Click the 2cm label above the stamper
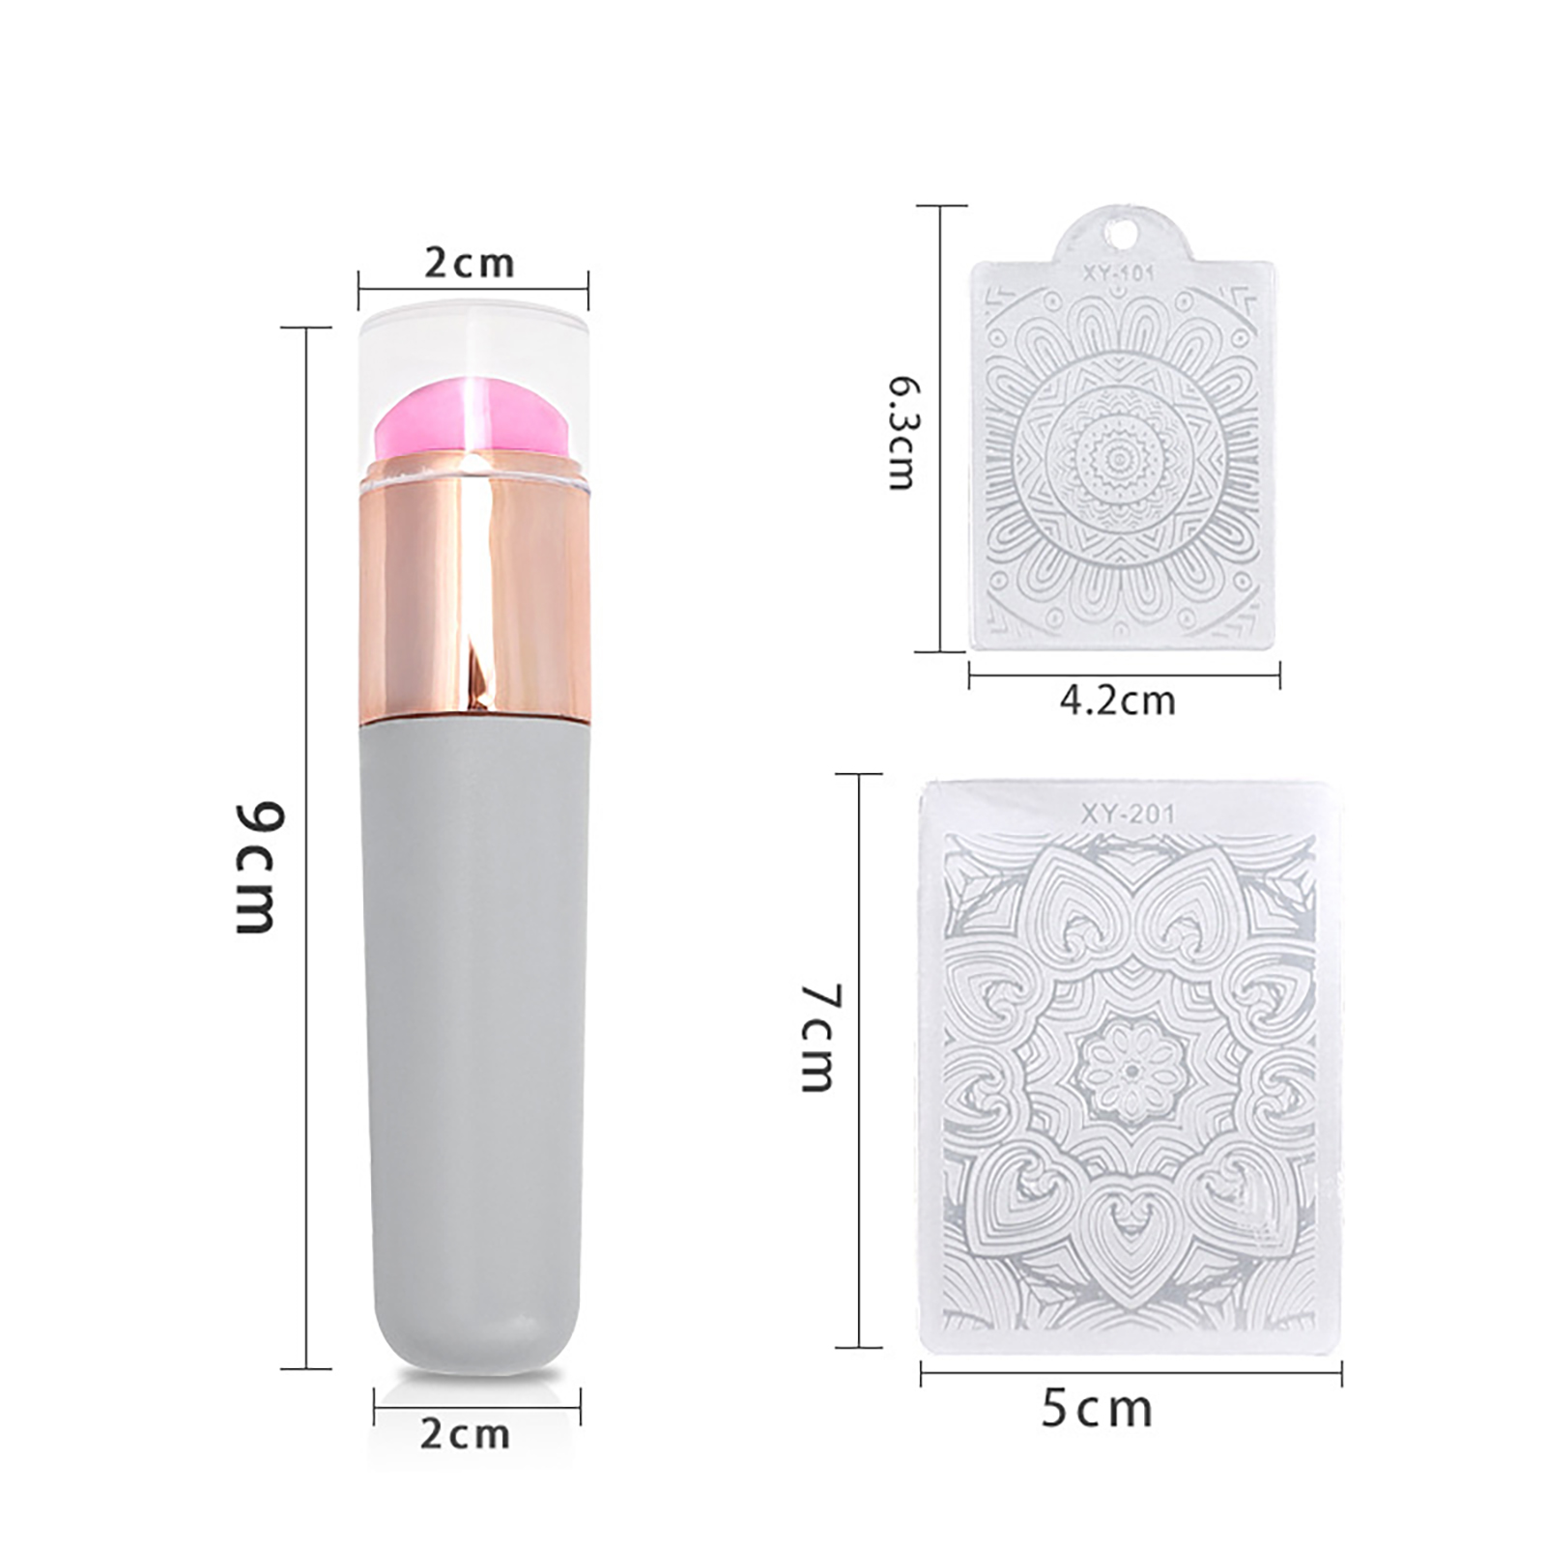pos(470,264)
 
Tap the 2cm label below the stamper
pos(465,1434)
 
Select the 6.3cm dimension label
pos(904,433)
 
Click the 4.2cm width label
pos(1118,701)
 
